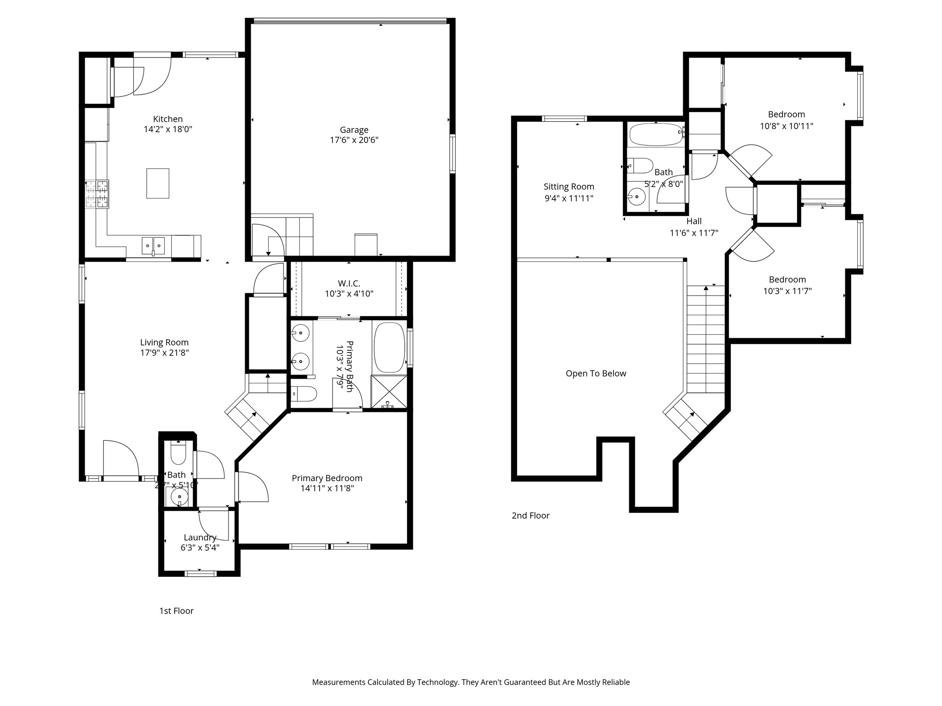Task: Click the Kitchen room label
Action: pos(168,119)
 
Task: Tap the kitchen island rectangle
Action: pos(158,183)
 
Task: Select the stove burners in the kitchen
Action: pos(97,194)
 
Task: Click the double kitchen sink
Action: pos(153,245)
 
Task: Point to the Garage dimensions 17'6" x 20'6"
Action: pos(354,140)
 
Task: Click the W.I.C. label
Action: pos(349,284)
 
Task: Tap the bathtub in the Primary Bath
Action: pos(389,347)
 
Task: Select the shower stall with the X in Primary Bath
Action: pos(389,392)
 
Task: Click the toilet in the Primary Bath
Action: pos(304,394)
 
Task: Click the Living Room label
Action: pos(164,342)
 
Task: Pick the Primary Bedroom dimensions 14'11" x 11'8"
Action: pos(327,489)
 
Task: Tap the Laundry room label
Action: pos(200,537)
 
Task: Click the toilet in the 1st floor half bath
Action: pos(178,454)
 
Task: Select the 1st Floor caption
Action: pos(176,611)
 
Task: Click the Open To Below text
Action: pos(596,374)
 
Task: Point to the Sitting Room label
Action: pos(569,187)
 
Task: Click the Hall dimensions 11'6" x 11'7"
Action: pos(694,233)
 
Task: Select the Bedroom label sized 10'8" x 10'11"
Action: pos(786,114)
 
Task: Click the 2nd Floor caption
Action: pos(530,516)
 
